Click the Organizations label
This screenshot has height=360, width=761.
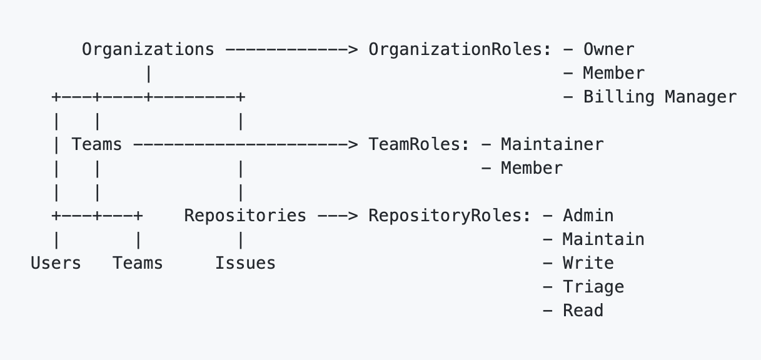[x=148, y=49]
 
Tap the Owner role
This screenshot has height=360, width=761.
[x=608, y=49]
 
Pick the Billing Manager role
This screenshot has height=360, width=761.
[x=660, y=97]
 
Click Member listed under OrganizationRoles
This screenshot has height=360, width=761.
[x=613, y=73]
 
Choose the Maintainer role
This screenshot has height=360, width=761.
[x=552, y=145]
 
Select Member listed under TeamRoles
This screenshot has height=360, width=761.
[x=532, y=169]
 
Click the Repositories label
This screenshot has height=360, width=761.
[x=245, y=216]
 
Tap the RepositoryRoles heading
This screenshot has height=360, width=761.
[x=450, y=216]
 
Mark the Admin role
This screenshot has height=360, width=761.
[x=588, y=216]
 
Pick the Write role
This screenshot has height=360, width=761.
[x=588, y=264]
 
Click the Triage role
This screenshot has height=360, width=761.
[x=593, y=287]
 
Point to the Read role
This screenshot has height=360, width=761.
[x=583, y=311]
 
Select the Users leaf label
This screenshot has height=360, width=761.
[x=56, y=264]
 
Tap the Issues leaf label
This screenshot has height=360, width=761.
[x=245, y=264]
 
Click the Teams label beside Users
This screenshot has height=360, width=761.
[x=138, y=264]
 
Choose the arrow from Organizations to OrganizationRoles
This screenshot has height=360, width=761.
[x=291, y=49]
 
